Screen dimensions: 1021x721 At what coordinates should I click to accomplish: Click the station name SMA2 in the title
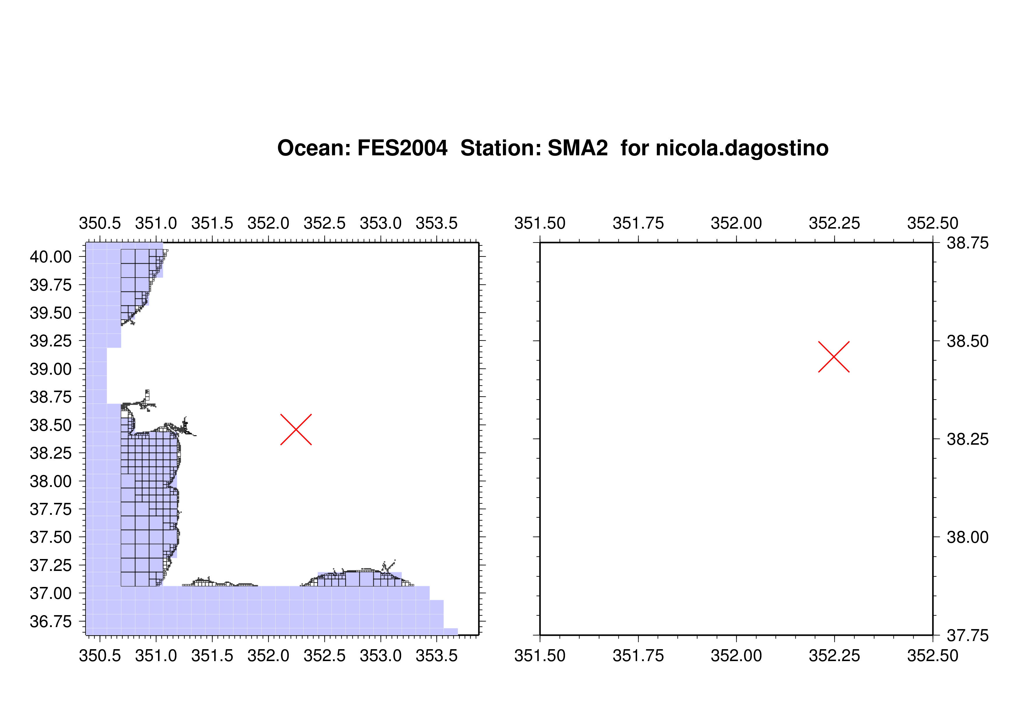[x=578, y=148]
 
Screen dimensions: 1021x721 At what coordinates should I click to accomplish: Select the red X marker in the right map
[x=834, y=357]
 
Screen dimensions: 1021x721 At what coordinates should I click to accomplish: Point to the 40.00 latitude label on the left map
[x=51, y=257]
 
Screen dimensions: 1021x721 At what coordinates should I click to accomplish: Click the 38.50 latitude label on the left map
[x=51, y=425]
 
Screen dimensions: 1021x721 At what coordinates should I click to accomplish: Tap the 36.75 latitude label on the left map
[x=51, y=622]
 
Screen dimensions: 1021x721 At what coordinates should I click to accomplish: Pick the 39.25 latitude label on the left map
[x=51, y=341]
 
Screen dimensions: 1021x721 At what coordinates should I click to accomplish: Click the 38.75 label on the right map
[x=968, y=243]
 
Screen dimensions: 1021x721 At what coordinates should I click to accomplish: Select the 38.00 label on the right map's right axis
[x=968, y=537]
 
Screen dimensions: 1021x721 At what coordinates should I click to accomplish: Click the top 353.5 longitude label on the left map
[x=437, y=223]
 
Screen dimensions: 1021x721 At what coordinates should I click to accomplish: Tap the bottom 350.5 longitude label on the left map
[x=100, y=656]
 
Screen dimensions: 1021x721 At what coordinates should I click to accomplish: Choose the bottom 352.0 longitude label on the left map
[x=268, y=656]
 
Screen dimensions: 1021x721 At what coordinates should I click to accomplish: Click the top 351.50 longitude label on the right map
[x=540, y=223]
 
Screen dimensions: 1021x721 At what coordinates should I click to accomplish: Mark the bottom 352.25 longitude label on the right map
[x=834, y=656]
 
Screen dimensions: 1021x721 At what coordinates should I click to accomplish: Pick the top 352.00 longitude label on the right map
[x=736, y=223]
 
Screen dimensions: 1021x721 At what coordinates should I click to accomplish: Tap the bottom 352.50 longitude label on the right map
[x=933, y=656]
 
